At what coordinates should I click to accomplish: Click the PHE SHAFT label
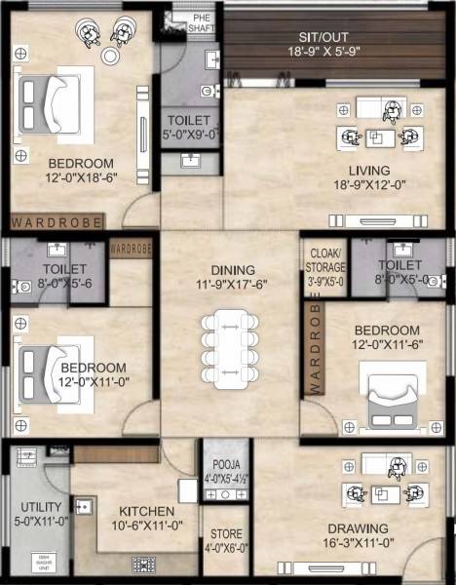click(x=202, y=23)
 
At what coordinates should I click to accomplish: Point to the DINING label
click(x=231, y=270)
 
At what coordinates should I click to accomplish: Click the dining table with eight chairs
click(x=231, y=346)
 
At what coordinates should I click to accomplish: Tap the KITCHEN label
click(x=146, y=512)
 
